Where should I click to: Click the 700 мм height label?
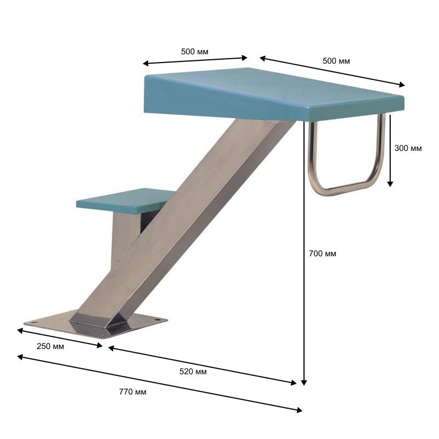322,254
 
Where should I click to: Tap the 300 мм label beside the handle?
408,148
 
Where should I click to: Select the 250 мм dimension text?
50,346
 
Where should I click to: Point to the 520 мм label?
193,372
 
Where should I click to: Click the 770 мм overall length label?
133,392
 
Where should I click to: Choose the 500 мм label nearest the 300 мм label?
336,61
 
